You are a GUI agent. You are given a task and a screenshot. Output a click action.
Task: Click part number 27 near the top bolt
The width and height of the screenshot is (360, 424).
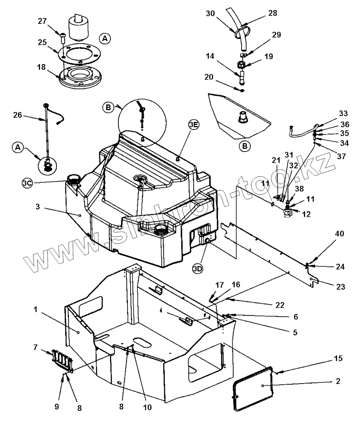[x=42, y=22]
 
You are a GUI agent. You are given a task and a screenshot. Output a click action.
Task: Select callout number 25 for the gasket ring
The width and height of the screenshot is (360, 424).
[x=42, y=43]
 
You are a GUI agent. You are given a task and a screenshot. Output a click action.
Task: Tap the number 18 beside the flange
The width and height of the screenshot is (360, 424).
[x=42, y=67]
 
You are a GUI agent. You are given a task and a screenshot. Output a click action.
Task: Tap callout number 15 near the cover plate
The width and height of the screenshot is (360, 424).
[x=338, y=359]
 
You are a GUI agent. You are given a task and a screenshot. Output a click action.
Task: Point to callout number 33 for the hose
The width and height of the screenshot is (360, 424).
[x=343, y=113]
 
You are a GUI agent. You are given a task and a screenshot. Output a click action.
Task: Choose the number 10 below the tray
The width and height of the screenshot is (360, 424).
[x=147, y=407]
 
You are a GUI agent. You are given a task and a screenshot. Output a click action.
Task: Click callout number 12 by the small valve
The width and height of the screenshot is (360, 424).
[x=306, y=214]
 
